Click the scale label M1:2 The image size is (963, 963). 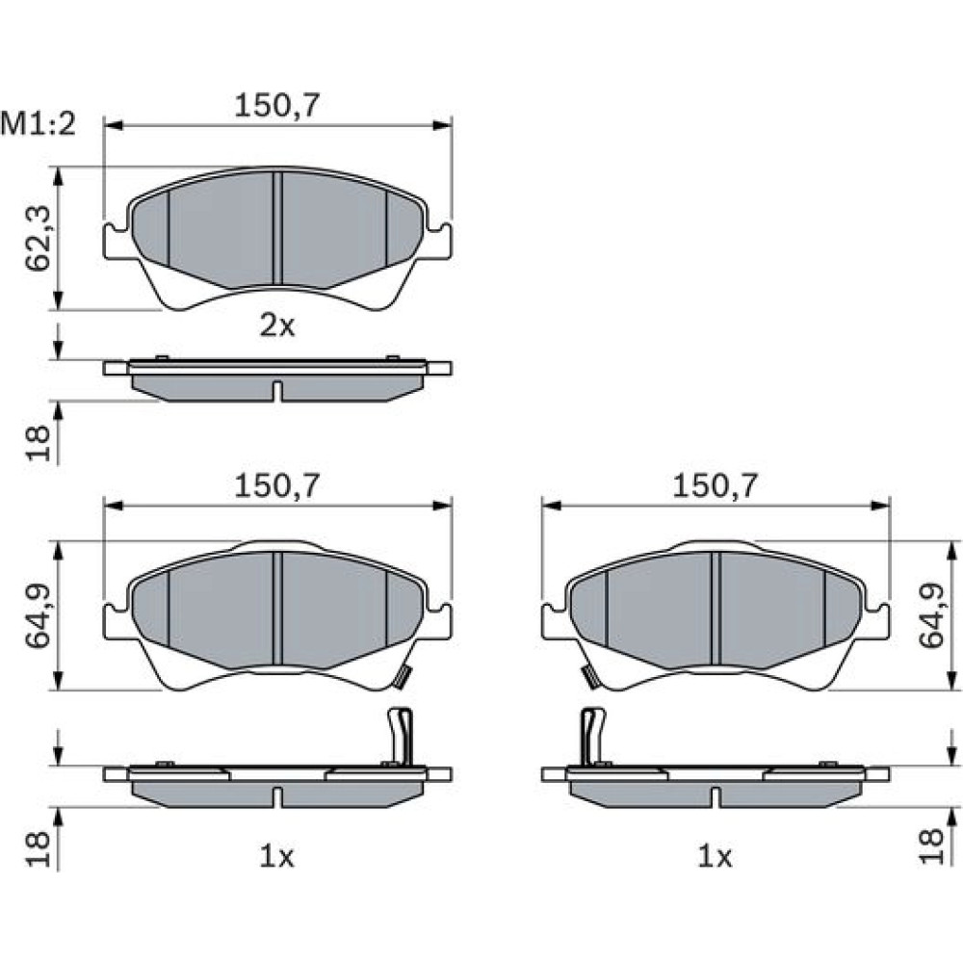(x=39, y=124)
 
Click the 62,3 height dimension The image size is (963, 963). (x=38, y=238)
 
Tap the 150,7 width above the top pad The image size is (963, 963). (x=277, y=106)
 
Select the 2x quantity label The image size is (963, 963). (x=277, y=325)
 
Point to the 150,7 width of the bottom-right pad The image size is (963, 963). (x=715, y=485)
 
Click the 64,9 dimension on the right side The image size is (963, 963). (x=931, y=615)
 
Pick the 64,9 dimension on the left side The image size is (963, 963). (x=38, y=615)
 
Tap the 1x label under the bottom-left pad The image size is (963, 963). (x=277, y=855)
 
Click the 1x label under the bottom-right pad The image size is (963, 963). (x=715, y=855)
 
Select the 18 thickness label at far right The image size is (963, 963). (x=931, y=846)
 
